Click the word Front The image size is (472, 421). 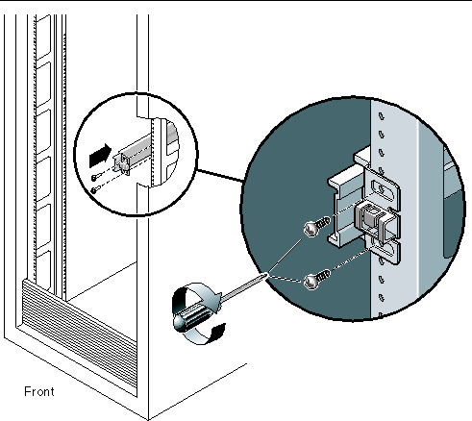[x=39, y=391]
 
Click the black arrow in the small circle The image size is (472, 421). [x=100, y=155]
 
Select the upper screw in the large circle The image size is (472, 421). [x=317, y=226]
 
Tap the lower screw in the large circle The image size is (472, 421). [x=317, y=279]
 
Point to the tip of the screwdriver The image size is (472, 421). [x=267, y=274]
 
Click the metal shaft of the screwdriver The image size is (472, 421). [x=243, y=287]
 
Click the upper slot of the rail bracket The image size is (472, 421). [x=380, y=187]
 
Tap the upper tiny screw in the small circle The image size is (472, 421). [x=95, y=177]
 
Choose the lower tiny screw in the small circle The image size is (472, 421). [x=94, y=190]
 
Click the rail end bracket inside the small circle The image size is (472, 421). [x=123, y=163]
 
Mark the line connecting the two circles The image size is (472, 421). [x=220, y=176]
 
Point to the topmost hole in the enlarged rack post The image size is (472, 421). [x=382, y=116]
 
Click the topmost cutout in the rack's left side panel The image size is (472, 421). [x=43, y=37]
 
